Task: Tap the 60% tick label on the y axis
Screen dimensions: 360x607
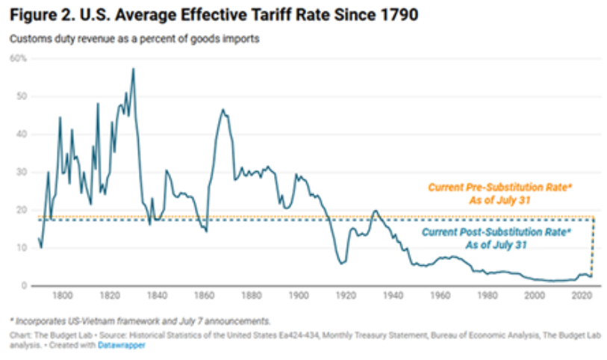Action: (x=18, y=58)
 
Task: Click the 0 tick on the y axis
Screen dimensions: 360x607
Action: (x=22, y=285)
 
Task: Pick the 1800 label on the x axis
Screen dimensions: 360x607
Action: (x=62, y=296)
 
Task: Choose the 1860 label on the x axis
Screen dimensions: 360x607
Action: (x=203, y=296)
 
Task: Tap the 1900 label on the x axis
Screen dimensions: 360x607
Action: (x=298, y=296)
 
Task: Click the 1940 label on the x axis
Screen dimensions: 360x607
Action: (x=392, y=296)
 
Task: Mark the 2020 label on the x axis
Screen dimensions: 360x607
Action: (x=580, y=296)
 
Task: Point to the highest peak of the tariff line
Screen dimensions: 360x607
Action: (x=133, y=69)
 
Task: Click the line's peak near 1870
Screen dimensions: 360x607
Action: (x=222, y=109)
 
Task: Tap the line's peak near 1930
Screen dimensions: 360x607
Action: (x=374, y=211)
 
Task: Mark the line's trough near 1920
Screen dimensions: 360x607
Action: (x=341, y=263)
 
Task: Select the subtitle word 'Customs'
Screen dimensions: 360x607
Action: (x=30, y=38)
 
